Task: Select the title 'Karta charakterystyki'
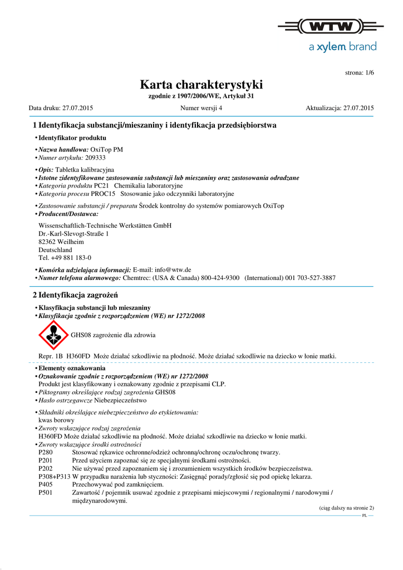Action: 201,85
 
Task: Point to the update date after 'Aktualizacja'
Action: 358,107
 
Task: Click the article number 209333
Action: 95,158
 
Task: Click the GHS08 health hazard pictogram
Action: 52,335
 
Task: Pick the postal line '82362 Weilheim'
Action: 61,242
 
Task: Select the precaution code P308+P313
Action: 55,476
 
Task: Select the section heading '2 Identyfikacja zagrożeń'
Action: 75,294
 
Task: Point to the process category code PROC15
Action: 104,194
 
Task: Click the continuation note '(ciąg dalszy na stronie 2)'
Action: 346,508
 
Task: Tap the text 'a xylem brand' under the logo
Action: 342,47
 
